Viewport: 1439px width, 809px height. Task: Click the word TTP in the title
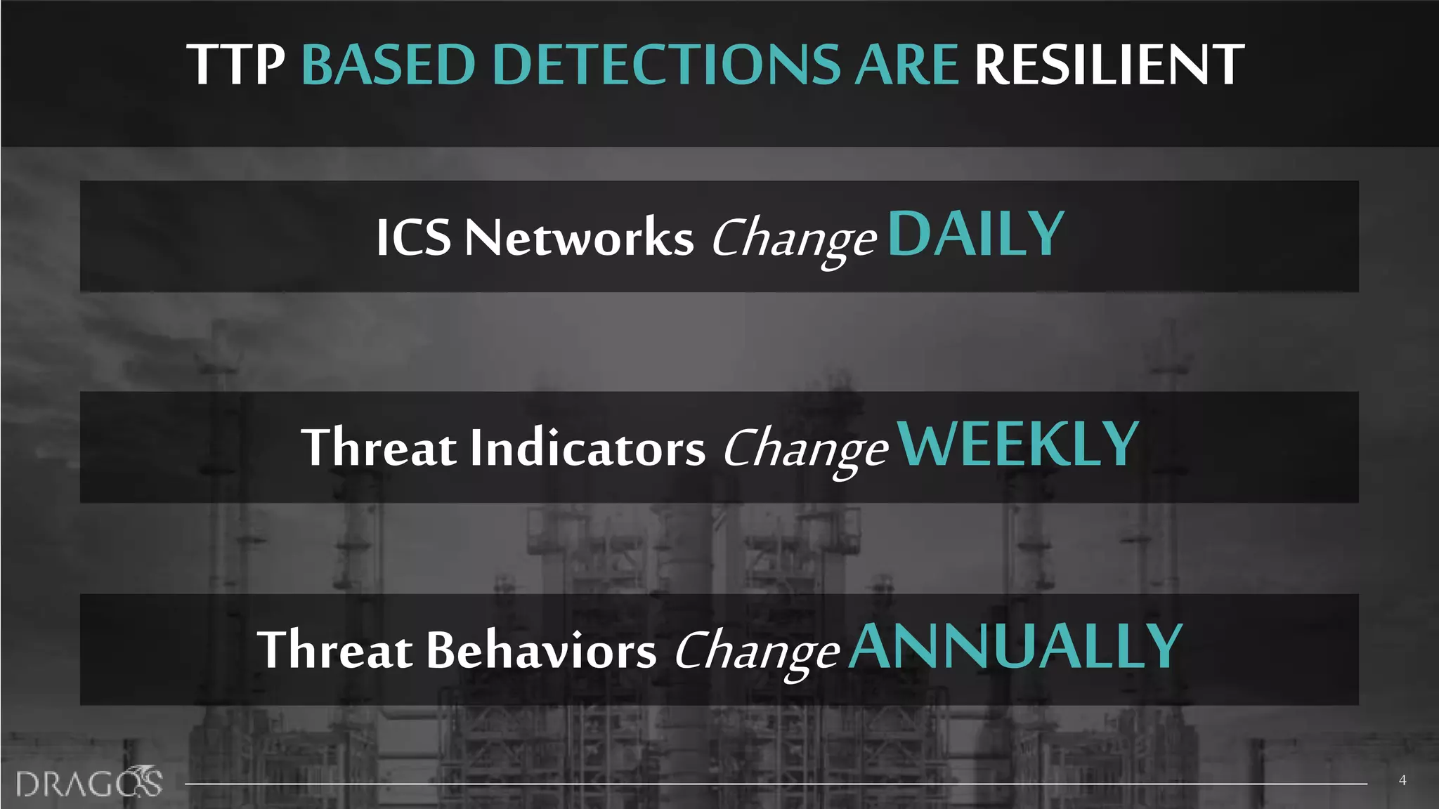pos(235,65)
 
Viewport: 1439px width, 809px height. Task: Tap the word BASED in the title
pos(389,65)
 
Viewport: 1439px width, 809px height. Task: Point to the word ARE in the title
pos(906,65)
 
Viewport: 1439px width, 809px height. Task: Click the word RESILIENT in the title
pos(1109,65)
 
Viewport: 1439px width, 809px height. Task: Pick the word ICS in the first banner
pos(413,237)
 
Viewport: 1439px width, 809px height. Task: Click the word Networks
pos(579,237)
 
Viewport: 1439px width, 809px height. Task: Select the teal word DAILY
pos(977,235)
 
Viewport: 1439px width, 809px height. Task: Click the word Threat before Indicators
pos(379,447)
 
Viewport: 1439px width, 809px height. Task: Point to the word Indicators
pos(587,447)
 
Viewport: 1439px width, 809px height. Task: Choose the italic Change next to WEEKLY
pos(805,450)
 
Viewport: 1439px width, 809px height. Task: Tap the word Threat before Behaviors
pos(335,650)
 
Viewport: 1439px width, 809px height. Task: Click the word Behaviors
pos(541,650)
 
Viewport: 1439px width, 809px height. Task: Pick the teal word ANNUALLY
pos(1016,647)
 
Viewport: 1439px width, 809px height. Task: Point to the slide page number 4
pos(1402,780)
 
